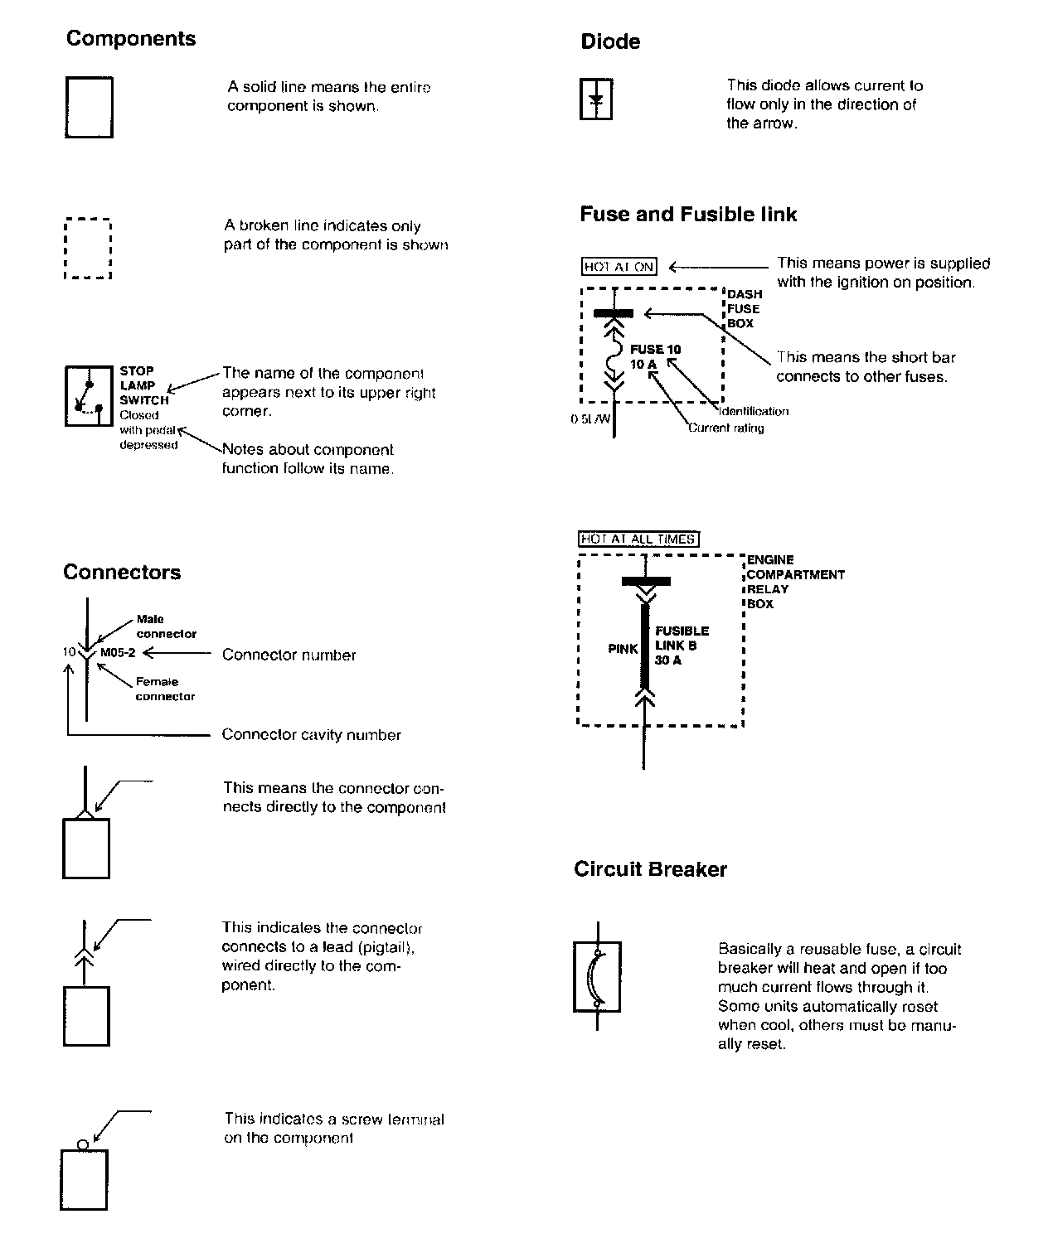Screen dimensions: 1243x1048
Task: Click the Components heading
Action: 131,39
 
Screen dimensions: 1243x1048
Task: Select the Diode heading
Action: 610,42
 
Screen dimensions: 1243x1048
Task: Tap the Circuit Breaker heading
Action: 650,869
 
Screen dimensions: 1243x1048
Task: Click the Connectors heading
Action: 122,573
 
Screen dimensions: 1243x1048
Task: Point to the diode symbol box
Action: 595,99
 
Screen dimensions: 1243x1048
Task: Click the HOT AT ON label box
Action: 619,267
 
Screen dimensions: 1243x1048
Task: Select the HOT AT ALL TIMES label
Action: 638,539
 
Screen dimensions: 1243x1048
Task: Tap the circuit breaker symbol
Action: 597,976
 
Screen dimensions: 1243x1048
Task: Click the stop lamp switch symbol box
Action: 90,395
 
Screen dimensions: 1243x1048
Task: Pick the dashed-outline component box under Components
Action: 88,249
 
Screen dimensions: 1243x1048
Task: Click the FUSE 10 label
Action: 655,350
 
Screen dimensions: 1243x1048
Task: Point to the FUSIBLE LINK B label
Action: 682,638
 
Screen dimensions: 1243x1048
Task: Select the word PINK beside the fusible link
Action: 623,649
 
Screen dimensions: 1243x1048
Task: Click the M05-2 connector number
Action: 118,652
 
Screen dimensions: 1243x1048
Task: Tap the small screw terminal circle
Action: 82,1144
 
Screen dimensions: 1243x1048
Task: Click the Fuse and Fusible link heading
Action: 688,215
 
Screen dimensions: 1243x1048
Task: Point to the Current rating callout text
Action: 725,428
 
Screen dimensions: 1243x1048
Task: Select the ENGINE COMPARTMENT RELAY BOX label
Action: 794,582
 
